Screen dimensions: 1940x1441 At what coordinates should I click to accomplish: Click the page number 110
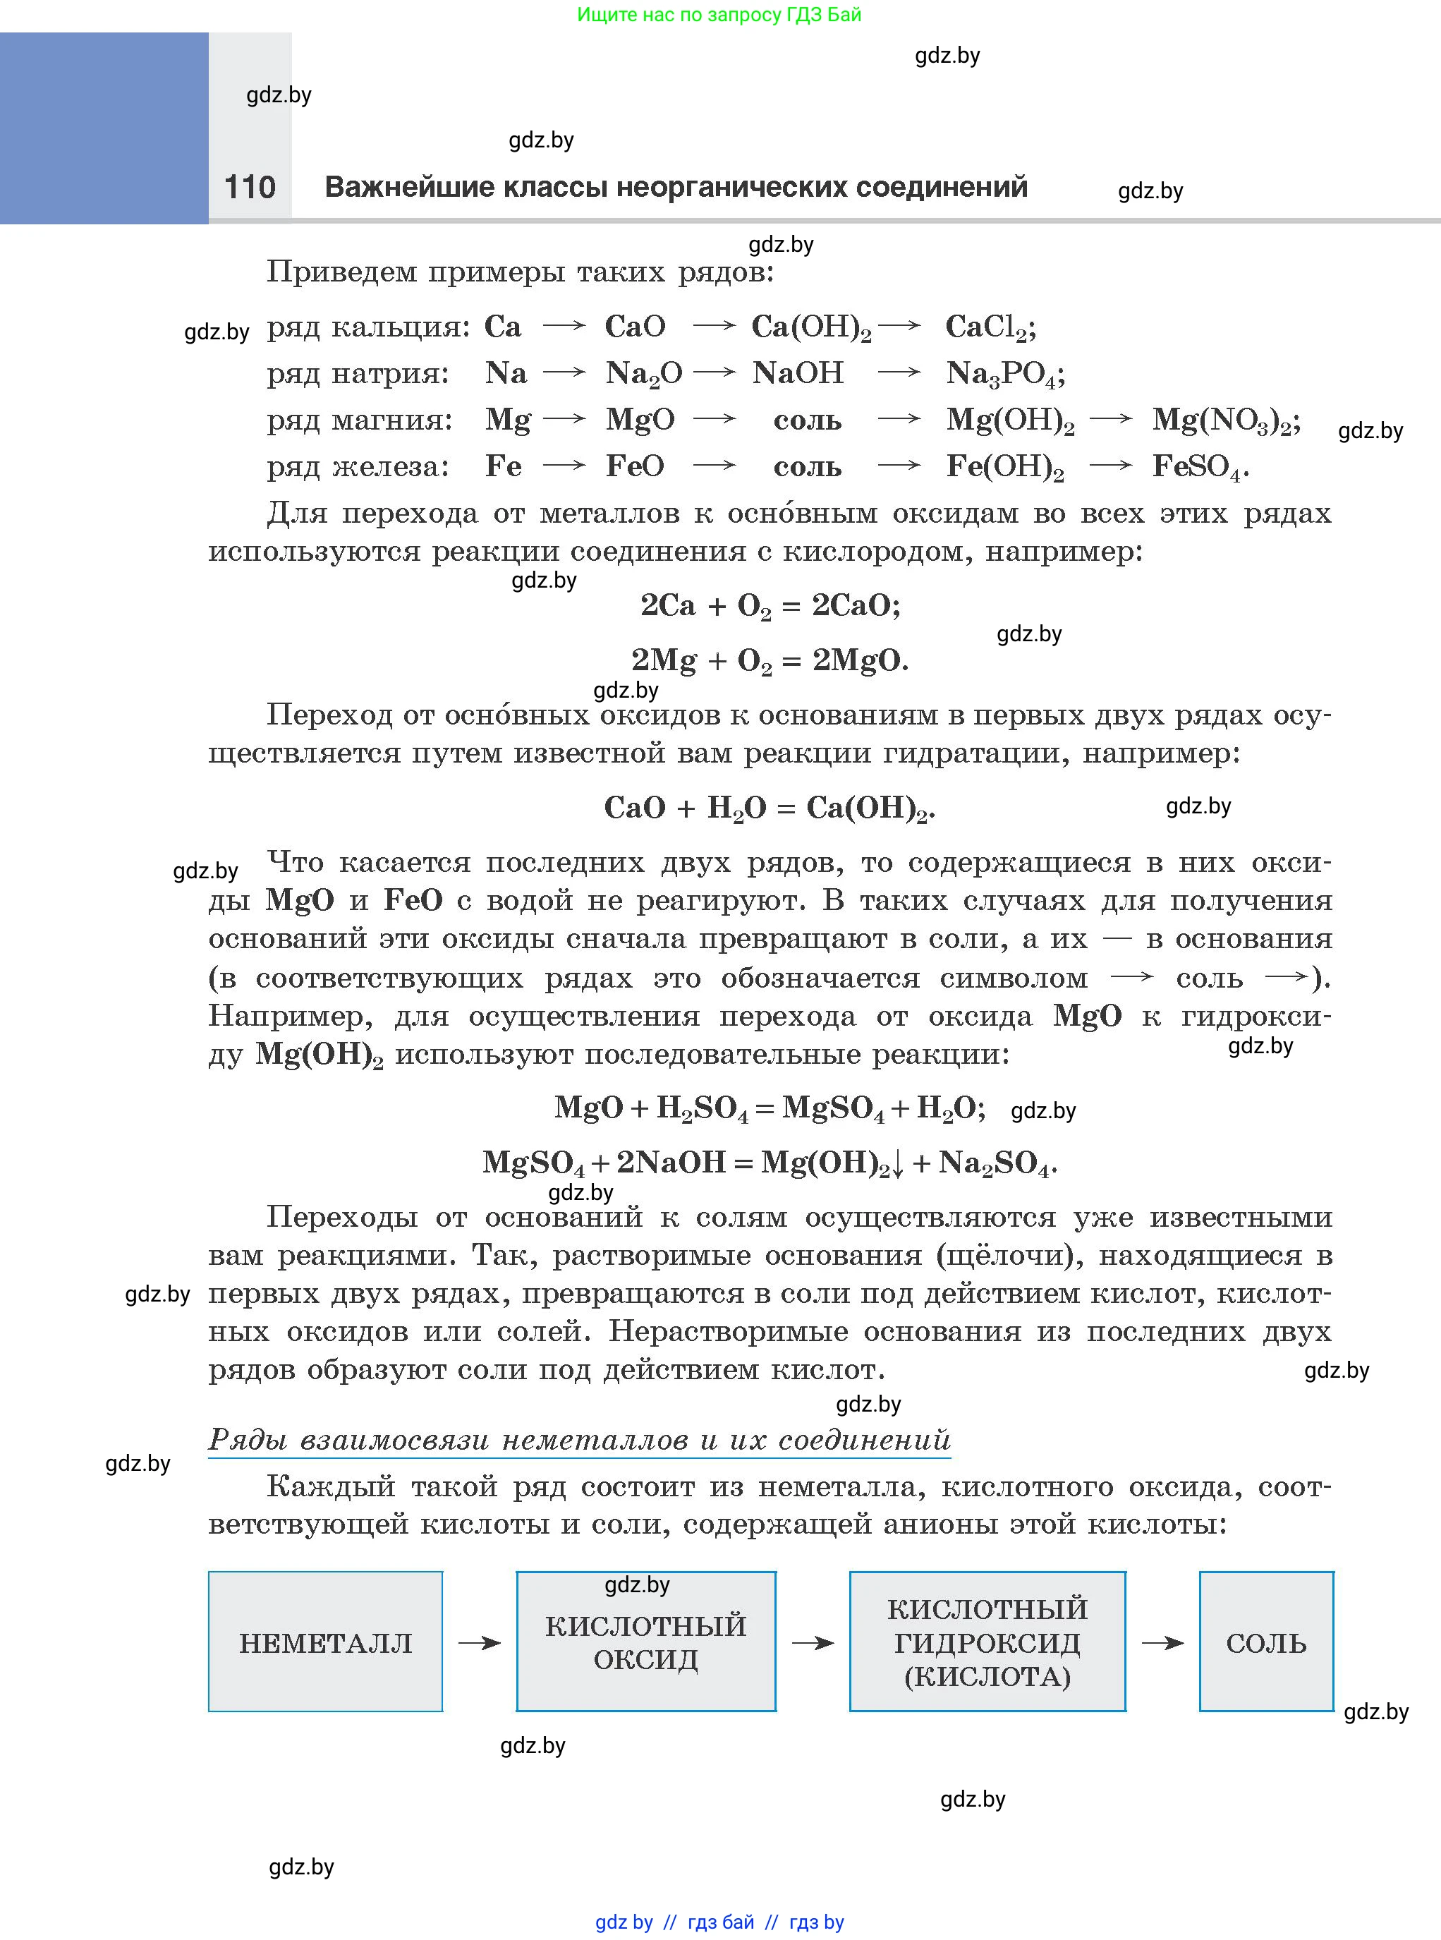250,187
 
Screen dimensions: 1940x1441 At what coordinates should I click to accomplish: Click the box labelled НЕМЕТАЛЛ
325,1642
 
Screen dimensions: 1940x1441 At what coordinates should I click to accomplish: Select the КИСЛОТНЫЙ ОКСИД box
645,1642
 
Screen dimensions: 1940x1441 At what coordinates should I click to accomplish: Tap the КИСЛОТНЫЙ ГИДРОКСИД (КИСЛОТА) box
987,1642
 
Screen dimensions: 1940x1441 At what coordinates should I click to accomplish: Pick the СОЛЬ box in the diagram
1265,1642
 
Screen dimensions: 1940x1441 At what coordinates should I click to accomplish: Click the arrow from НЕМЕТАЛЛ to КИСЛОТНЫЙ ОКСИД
480,1644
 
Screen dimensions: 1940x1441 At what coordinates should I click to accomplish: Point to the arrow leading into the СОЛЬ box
1162,1644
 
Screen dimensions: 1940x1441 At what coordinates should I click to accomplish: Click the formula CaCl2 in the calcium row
990,328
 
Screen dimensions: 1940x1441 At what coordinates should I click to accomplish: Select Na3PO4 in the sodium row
1005,374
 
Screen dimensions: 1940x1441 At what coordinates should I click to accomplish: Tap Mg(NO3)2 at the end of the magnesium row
1226,420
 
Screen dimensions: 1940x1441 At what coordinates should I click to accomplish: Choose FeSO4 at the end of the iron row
1199,467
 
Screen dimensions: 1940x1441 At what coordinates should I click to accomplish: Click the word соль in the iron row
807,467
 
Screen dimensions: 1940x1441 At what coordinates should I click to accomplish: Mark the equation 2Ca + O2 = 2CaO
770,605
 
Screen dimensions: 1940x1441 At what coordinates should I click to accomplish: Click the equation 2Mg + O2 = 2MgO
770,660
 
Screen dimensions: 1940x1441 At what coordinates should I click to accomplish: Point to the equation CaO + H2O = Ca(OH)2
770,808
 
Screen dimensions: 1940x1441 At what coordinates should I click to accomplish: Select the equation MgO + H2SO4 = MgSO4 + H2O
770,1108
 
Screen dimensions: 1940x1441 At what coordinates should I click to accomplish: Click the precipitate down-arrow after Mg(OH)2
899,1164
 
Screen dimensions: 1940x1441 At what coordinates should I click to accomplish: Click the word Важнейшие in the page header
409,187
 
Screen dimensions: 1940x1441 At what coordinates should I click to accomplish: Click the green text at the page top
719,15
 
